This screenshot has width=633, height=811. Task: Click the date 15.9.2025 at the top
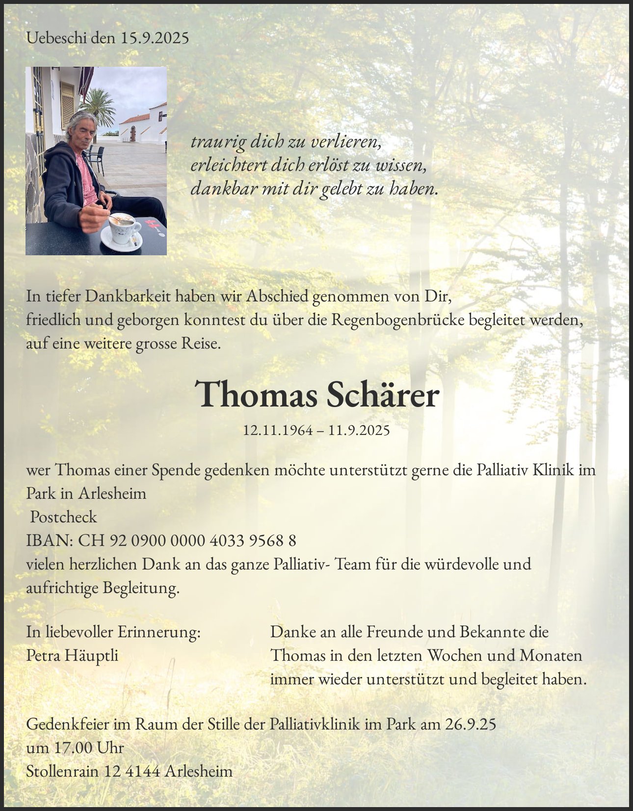155,38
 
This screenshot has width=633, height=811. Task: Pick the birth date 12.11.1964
278,431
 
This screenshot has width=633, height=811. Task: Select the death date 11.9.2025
359,431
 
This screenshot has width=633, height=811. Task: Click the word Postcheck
63,517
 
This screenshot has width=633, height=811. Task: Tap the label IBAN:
50,541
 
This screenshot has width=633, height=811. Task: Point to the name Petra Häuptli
72,655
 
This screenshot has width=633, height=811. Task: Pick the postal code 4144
143,771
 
